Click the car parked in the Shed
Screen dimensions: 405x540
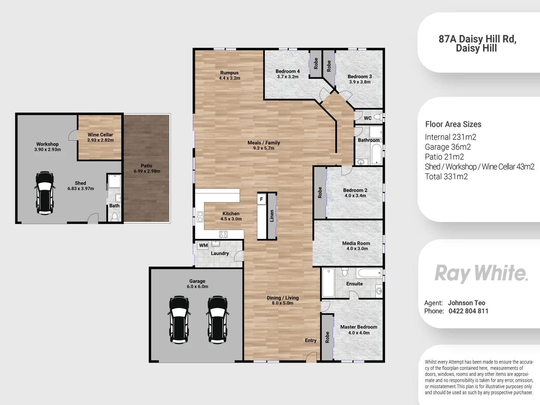[45, 193]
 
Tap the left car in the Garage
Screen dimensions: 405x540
[179, 319]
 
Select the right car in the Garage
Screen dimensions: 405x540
[217, 319]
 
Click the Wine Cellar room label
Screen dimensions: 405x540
[100, 135]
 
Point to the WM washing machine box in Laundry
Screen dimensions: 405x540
[203, 246]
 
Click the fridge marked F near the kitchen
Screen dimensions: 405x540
[261, 199]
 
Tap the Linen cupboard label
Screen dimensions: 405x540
[272, 216]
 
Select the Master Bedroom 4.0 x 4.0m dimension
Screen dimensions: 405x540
[359, 333]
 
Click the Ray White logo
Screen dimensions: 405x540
[481, 273]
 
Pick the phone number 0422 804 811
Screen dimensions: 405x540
[468, 311]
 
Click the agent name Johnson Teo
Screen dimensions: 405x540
[466, 303]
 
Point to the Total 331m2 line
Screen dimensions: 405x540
[446, 177]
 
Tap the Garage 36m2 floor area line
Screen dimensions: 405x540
[448, 147]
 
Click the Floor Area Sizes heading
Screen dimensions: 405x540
[453, 124]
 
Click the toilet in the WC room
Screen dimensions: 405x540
[378, 117]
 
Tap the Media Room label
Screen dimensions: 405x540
[356, 243]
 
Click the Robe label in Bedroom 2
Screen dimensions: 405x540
[320, 192]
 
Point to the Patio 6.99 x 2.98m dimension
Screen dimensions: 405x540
[147, 171]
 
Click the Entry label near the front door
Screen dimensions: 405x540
[310, 340]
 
